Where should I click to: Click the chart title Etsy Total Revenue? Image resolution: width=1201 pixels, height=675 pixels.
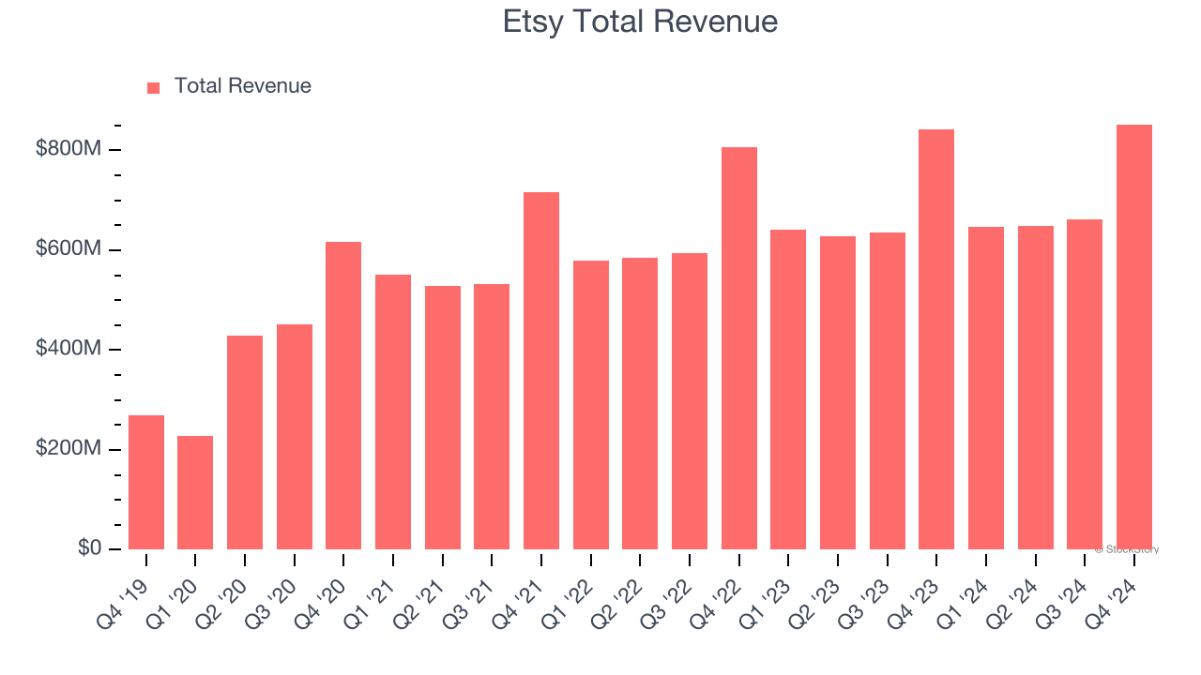[640, 21]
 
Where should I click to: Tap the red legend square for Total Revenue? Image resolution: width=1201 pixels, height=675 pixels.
[154, 87]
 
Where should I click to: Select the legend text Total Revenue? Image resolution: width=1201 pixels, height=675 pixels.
[242, 86]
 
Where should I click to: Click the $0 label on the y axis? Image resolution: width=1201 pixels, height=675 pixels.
[90, 547]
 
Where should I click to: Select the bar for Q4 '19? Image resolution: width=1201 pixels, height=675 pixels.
[146, 482]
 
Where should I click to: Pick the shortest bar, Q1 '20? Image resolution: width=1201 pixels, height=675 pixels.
[195, 492]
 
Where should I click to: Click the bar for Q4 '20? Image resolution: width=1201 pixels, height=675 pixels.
[343, 396]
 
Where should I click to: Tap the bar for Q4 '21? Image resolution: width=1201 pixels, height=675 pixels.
[541, 370]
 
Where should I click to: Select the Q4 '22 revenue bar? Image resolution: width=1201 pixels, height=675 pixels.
[739, 348]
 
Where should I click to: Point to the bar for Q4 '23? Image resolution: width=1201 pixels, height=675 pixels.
[936, 339]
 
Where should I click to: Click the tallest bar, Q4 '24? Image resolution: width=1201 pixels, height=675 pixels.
[1134, 337]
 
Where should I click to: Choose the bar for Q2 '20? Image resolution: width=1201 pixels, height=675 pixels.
[245, 442]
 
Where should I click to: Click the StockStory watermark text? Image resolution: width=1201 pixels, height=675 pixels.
[1127, 549]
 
